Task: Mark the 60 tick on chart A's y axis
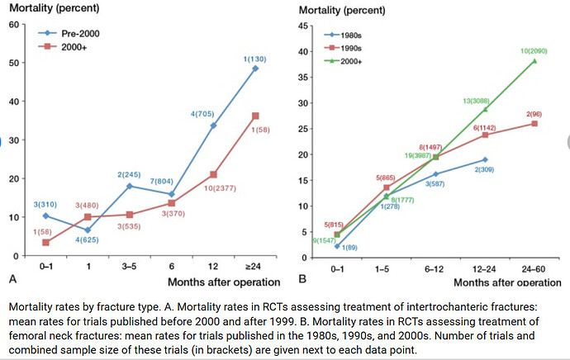click(x=14, y=24)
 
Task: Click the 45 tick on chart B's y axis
click(x=302, y=26)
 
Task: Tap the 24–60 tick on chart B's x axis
click(x=534, y=269)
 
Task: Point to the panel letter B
click(x=303, y=280)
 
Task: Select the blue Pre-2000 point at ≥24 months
click(x=255, y=68)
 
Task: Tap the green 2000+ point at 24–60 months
click(x=534, y=60)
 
